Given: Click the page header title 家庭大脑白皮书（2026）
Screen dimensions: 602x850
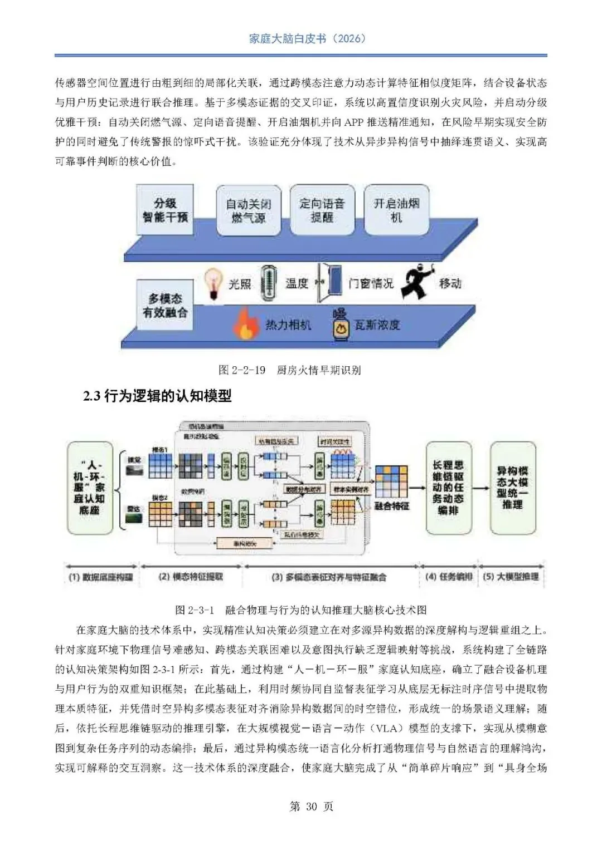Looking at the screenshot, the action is pos(307,38).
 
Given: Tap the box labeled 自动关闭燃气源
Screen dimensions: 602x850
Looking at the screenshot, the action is pos(248,210).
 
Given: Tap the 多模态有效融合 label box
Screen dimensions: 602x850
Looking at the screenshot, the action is pos(164,306).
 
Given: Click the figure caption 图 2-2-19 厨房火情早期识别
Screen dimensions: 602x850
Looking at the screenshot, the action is pos(290,370).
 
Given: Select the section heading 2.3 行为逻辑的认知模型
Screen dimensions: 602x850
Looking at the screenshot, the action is pos(158,396).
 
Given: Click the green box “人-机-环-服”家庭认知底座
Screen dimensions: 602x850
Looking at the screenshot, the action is pos(89,488).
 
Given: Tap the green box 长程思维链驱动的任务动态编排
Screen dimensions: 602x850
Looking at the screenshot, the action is pos(448,488).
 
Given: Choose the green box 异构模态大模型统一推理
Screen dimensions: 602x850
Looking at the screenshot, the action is pos(512,488).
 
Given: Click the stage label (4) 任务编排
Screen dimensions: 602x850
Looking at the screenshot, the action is pos(449,577).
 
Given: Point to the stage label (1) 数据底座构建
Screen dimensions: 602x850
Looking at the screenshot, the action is pos(101,577).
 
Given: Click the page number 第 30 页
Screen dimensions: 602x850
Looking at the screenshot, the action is pos(311,807).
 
